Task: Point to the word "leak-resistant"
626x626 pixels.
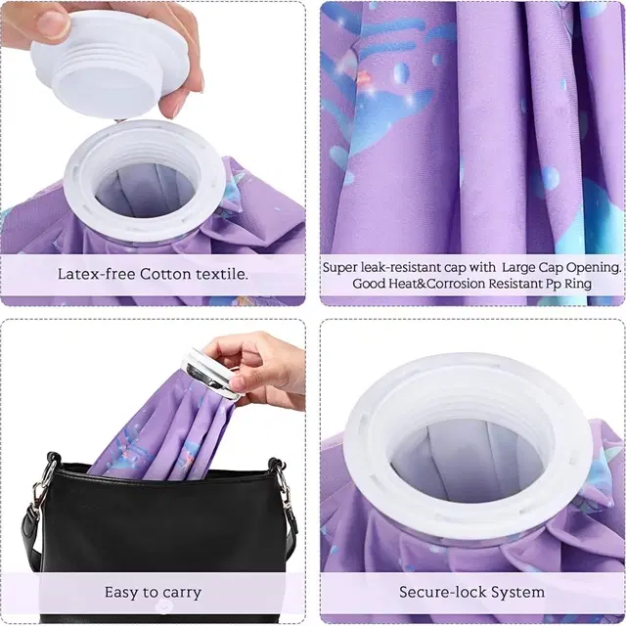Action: [413, 267]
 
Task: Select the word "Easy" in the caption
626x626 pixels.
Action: [120, 593]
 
